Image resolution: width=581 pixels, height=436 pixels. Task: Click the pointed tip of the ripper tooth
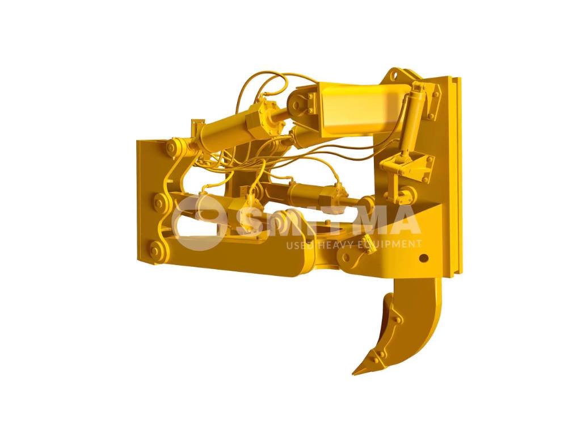355,373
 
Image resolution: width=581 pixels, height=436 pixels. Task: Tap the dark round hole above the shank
422,258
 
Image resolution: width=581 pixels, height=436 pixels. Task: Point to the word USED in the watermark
300,245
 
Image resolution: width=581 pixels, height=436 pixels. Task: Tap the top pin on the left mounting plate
172,148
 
